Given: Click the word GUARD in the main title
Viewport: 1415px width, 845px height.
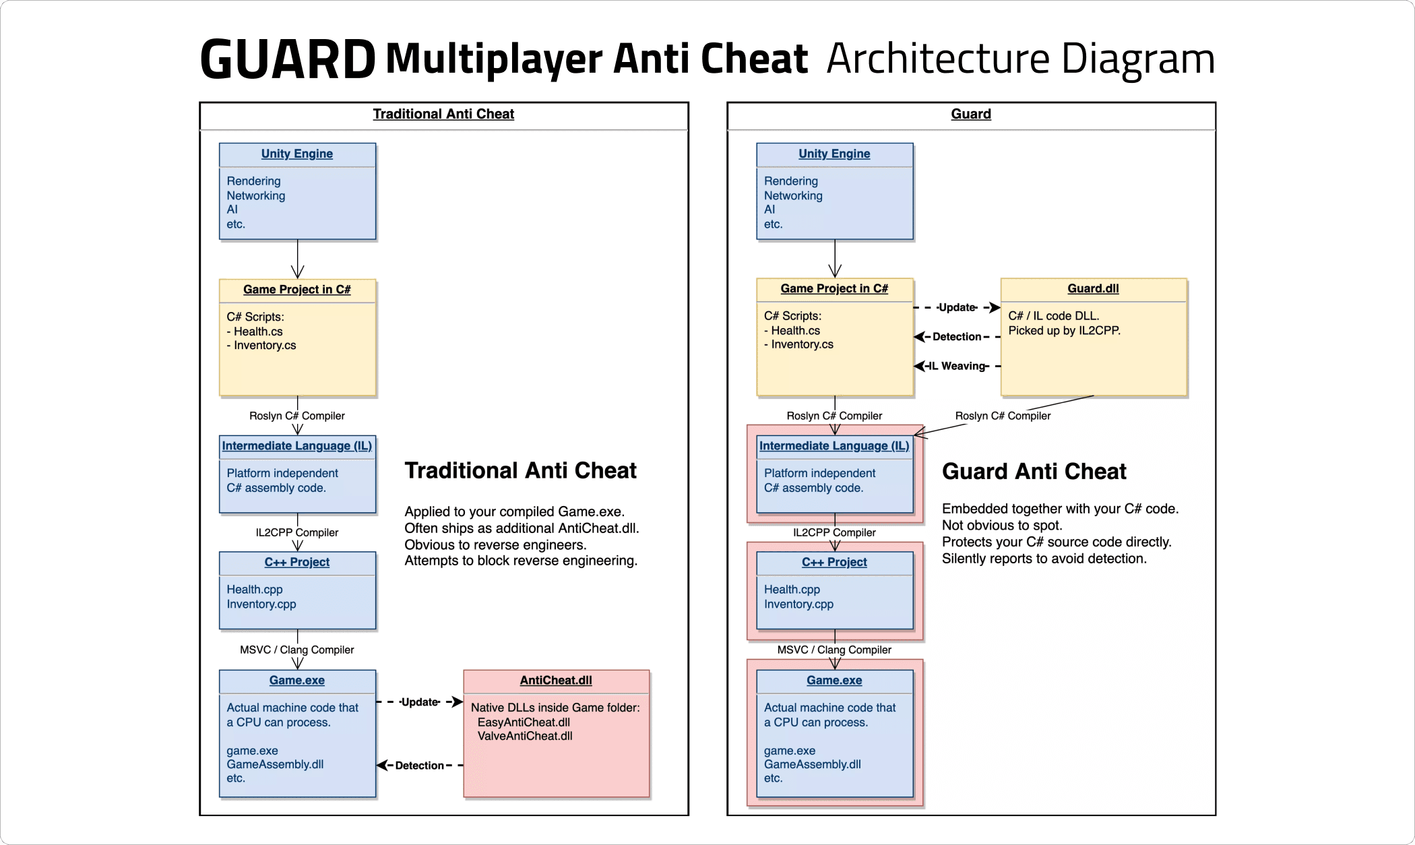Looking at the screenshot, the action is [288, 59].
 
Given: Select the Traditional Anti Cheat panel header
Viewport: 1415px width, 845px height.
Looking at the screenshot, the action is [443, 114].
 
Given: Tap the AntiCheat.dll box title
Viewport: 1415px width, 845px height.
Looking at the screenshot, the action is [556, 681].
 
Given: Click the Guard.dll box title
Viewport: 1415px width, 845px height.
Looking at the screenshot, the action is [1093, 288].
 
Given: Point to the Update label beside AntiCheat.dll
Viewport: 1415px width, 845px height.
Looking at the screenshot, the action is [420, 702].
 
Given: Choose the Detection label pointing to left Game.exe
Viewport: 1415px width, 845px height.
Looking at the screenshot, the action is [419, 765].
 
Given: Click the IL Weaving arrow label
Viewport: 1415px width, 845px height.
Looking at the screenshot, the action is [957, 366].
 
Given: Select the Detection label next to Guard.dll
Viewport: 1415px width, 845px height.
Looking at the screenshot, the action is [957, 336].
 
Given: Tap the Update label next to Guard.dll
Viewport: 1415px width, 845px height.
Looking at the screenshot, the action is [957, 307].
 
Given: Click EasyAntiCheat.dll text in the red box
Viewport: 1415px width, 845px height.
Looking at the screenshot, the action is [524, 722].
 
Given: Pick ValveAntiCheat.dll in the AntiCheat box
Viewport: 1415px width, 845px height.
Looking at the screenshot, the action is [525, 736].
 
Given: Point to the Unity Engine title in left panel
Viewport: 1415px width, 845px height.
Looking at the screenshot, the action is [297, 154].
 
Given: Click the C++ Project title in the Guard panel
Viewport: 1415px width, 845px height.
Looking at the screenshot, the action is [834, 562].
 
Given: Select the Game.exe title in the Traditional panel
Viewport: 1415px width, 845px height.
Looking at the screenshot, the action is [297, 681].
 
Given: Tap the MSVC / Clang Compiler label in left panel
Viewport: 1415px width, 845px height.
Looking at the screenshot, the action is [297, 650].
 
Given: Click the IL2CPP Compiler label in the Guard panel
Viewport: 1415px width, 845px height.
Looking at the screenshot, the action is [834, 532].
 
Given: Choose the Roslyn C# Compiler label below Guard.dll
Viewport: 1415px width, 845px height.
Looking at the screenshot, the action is [1003, 416].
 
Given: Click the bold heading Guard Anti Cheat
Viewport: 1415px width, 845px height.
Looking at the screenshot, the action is [1034, 471].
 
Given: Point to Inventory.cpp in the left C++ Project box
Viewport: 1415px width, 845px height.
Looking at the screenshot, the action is [261, 604].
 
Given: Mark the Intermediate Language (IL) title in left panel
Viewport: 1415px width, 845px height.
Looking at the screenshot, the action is [297, 446].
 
